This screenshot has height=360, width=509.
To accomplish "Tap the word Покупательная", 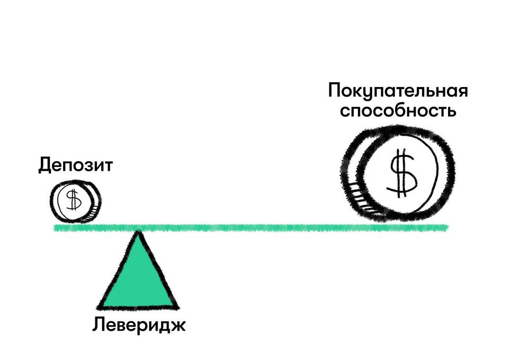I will click(398, 90).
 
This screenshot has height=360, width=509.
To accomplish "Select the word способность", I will click(398, 112).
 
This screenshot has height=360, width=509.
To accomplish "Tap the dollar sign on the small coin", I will click(73, 200).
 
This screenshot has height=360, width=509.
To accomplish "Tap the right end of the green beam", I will click(446, 228).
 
